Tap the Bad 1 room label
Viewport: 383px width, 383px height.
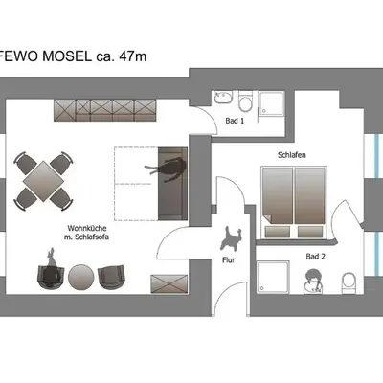(235, 121)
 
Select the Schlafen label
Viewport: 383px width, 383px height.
(292, 155)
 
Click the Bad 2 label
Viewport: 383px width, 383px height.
(316, 257)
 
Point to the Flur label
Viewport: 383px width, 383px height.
(229, 260)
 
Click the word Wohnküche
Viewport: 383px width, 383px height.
(87, 229)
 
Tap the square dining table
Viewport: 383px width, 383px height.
(43, 181)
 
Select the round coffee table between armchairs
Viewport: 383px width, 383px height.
(81, 277)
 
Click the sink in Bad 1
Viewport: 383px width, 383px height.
(223, 98)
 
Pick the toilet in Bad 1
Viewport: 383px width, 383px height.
(245, 101)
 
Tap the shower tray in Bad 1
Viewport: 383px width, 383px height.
(271, 103)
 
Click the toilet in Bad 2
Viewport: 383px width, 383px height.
(349, 282)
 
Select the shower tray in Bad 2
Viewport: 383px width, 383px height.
(273, 277)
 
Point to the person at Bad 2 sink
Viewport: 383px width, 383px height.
(313, 281)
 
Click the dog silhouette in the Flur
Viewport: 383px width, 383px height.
(231, 238)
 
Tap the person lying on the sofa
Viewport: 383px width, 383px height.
(168, 168)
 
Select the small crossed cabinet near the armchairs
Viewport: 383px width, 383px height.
(169, 283)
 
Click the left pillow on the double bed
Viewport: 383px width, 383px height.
(278, 232)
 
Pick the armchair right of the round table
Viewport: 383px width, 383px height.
(111, 277)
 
